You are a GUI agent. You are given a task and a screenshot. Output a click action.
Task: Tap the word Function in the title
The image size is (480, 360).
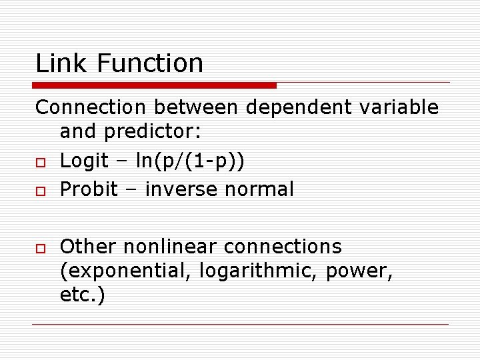(150, 63)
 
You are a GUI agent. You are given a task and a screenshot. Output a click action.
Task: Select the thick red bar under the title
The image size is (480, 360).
(155, 85)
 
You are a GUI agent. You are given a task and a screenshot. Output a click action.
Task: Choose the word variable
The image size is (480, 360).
(402, 107)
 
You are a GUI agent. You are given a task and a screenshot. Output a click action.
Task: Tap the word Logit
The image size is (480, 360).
(84, 161)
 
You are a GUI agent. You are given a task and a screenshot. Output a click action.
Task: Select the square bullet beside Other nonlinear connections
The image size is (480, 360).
(41, 248)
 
